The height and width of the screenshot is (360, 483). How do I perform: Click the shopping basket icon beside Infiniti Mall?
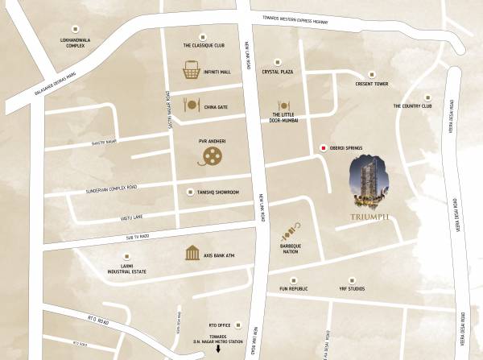tap(192, 70)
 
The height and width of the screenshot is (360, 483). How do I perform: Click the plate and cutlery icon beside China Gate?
tap(191, 105)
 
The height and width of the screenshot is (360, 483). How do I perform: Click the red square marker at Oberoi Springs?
tap(323, 148)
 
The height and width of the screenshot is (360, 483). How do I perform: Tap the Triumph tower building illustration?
tap(370, 185)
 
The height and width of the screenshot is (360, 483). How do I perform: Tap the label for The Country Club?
tap(413, 106)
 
